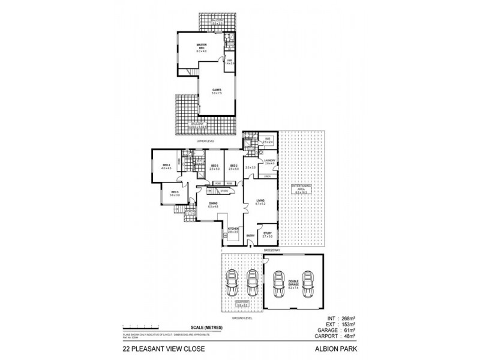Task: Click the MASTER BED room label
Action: (x=202, y=48)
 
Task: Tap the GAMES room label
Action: (x=216, y=91)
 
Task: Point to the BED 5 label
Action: (x=175, y=193)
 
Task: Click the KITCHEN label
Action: (x=233, y=230)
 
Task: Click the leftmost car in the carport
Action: (x=232, y=281)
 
